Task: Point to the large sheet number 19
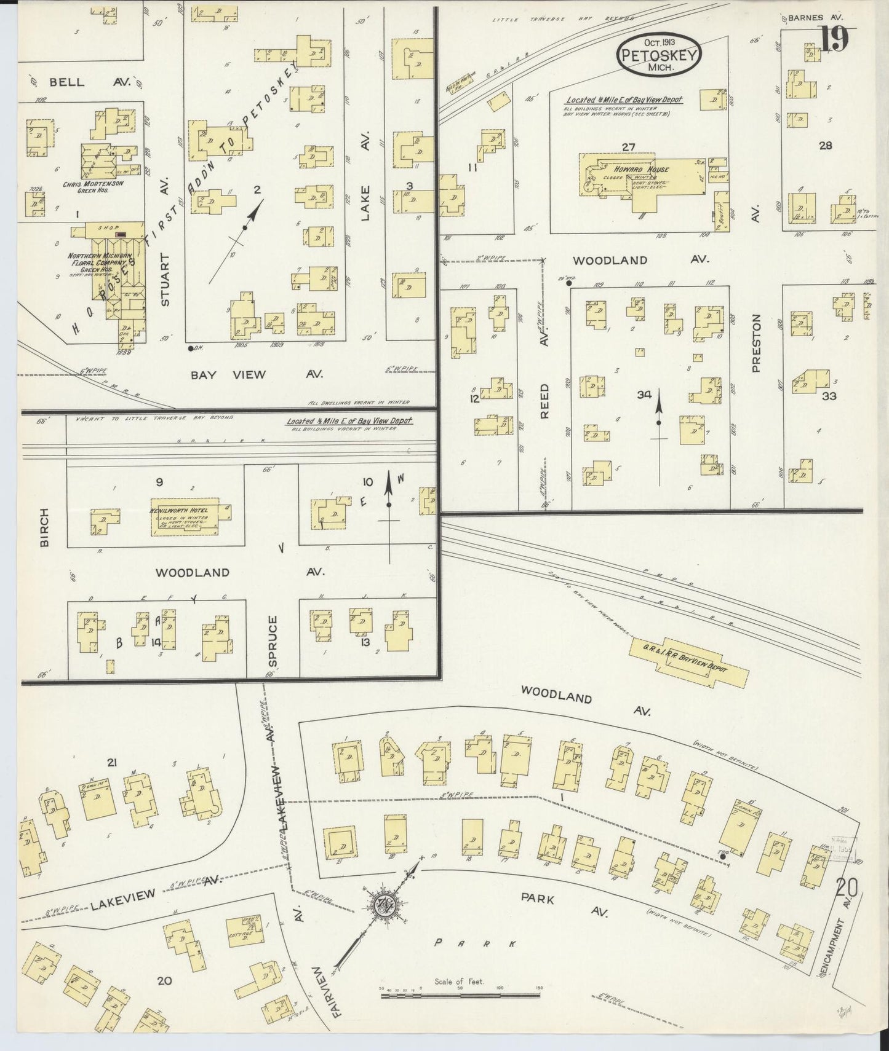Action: pos(834,38)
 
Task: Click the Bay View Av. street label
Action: pos(245,374)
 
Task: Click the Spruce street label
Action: pos(273,641)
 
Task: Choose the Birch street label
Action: pos(44,527)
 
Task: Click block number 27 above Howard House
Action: pos(628,146)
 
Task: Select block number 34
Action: pos(644,395)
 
